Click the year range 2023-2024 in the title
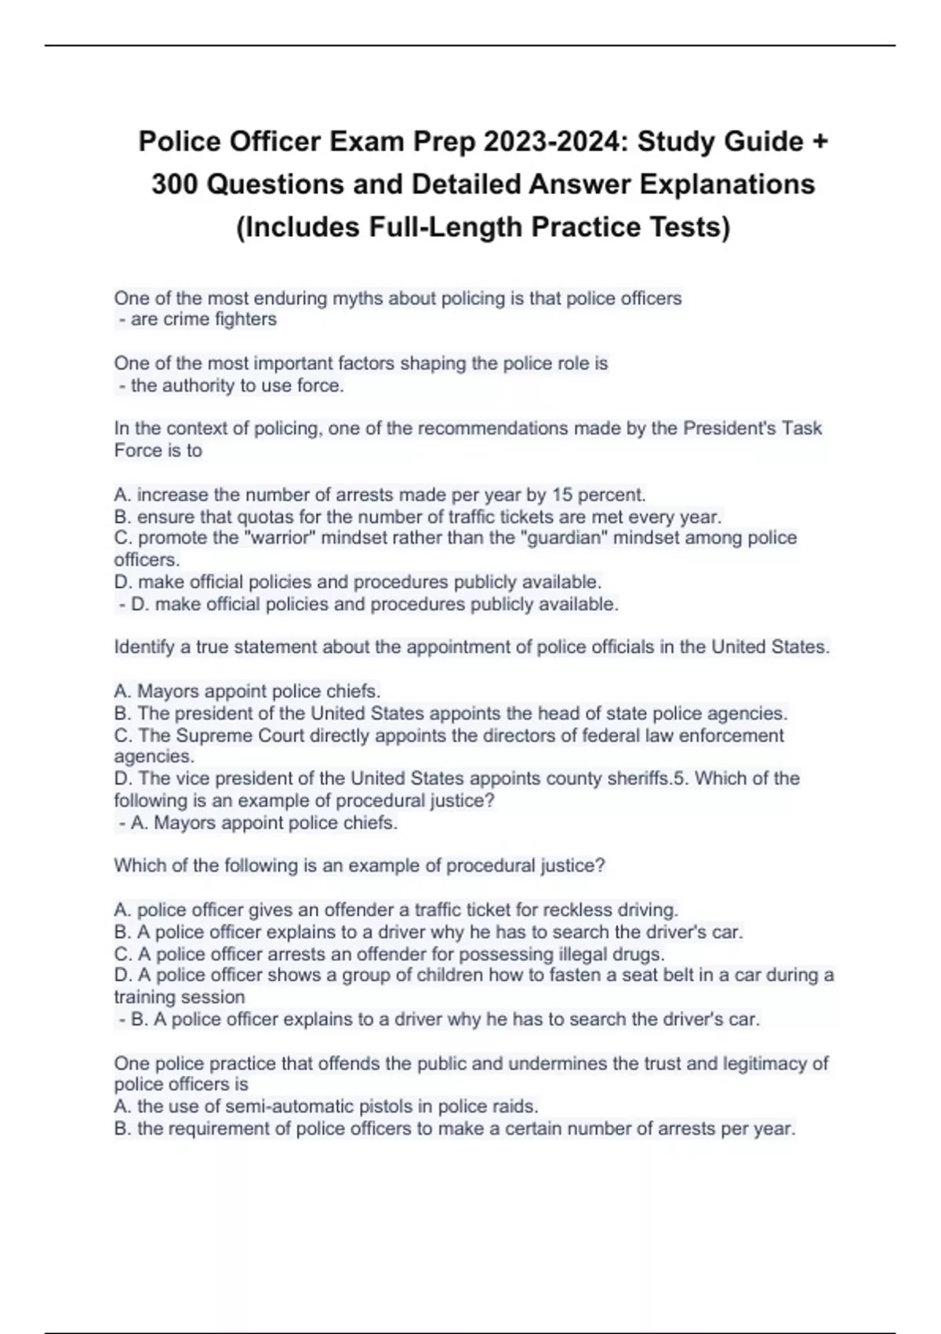[x=555, y=141]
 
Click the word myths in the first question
[x=355, y=298]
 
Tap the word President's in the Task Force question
[x=731, y=428]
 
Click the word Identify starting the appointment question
[x=144, y=647]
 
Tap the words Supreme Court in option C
[x=240, y=735]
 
